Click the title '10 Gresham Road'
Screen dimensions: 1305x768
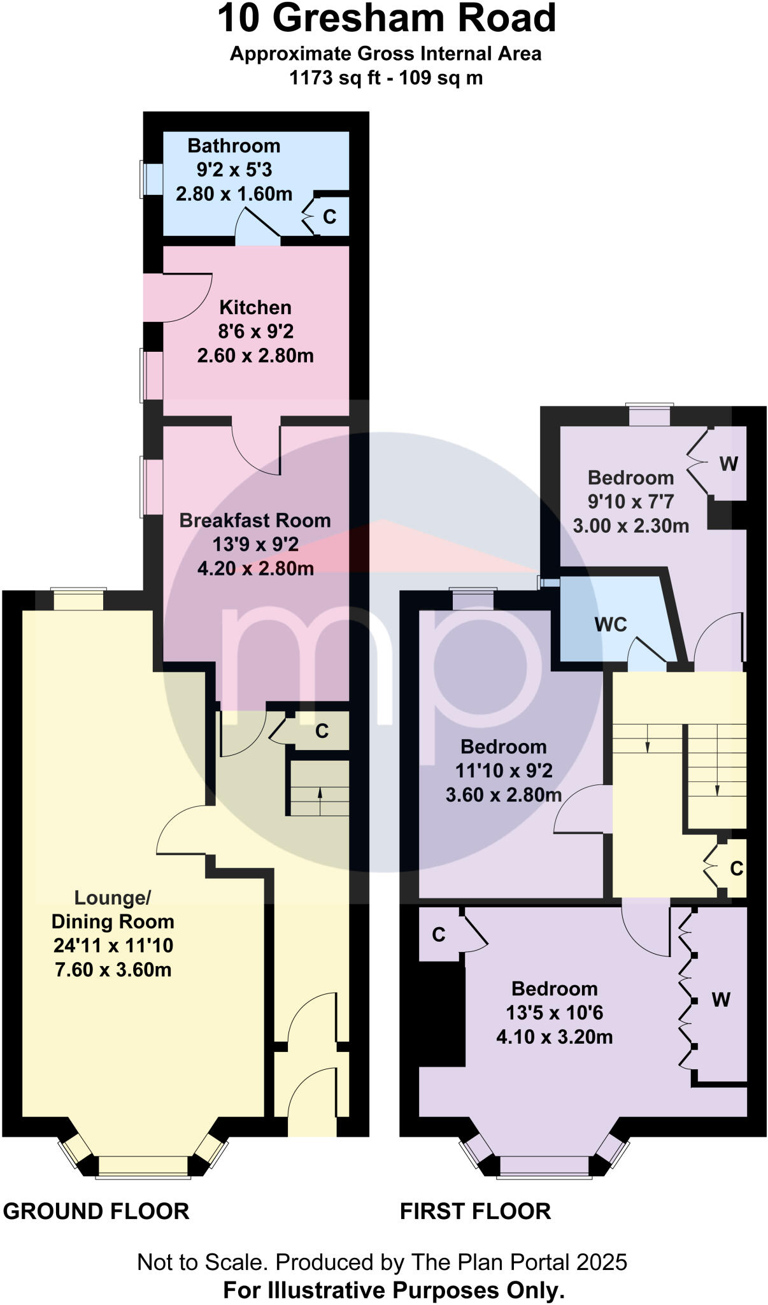coord(387,18)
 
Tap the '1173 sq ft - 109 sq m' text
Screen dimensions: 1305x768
coord(386,78)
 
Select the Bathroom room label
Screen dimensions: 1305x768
coord(234,146)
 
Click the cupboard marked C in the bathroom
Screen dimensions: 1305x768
coord(329,217)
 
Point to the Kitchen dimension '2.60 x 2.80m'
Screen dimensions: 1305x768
coord(255,356)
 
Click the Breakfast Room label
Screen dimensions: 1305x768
coord(255,521)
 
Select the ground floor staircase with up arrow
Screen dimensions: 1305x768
coord(320,788)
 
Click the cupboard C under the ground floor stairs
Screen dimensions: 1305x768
coord(322,731)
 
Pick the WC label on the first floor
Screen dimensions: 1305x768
coord(611,624)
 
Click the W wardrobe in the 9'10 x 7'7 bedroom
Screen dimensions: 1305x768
coord(729,464)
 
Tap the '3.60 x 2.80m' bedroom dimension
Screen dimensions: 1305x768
coord(504,795)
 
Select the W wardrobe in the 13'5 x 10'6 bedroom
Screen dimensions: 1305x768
coord(721,1000)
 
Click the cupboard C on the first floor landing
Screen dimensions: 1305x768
coord(736,869)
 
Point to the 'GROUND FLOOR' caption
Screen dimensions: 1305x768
coord(96,1211)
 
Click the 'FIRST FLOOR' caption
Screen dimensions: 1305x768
coord(475,1211)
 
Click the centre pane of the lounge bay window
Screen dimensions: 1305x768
coord(143,1165)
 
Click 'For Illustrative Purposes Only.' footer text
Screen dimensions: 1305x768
coord(394,1290)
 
